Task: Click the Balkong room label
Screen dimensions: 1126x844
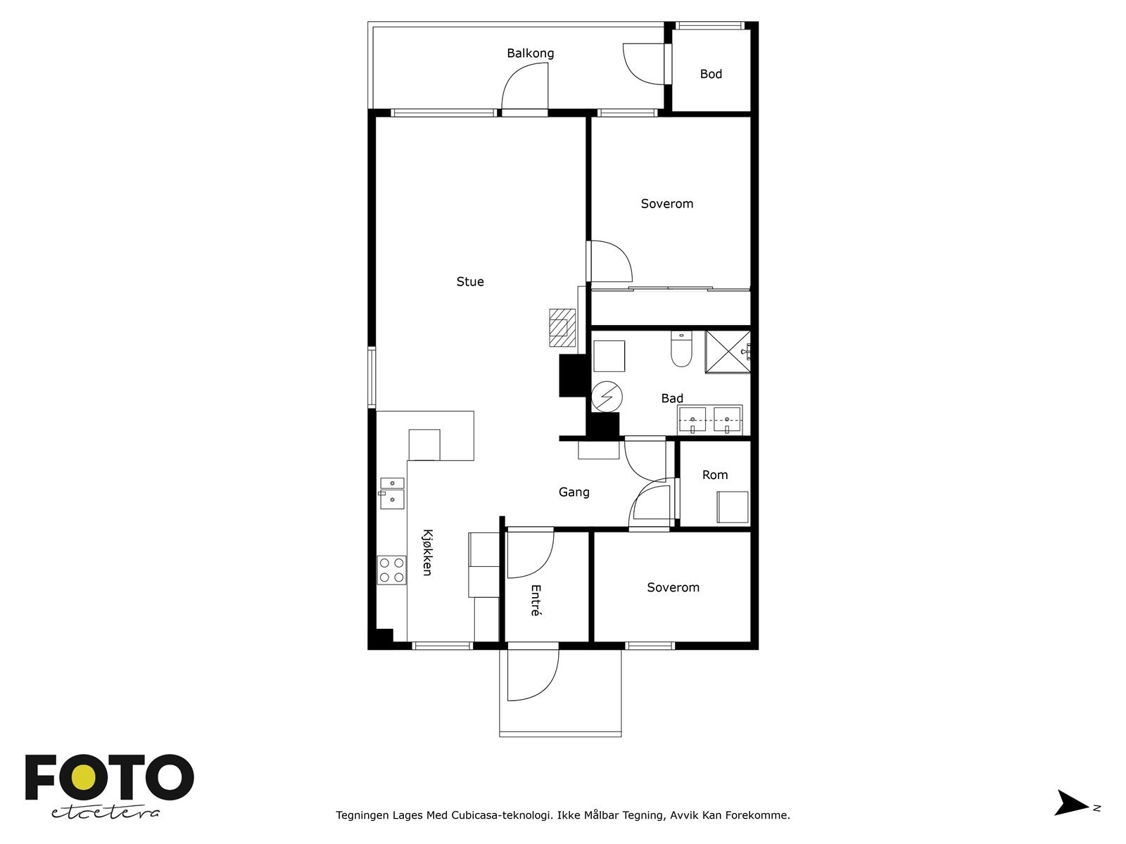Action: (530, 53)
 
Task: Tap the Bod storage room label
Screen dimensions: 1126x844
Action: (711, 75)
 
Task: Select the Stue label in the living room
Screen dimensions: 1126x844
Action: (470, 281)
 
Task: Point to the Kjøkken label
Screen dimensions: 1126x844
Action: (427, 552)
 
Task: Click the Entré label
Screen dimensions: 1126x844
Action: (536, 600)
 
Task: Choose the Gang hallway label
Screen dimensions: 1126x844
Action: (574, 492)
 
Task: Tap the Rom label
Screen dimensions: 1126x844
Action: (714, 475)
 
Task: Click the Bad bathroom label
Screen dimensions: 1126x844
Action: (671, 398)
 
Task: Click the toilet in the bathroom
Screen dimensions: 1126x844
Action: (681, 349)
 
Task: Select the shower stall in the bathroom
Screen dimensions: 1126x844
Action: (728, 352)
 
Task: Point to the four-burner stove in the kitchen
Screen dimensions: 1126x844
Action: (391, 570)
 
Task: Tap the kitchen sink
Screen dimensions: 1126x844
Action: (391, 493)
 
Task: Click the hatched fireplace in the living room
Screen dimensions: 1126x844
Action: (562, 328)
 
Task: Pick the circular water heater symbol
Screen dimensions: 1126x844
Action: (607, 397)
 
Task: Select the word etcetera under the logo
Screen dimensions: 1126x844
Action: (105, 813)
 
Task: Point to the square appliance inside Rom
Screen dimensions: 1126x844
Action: (733, 507)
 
